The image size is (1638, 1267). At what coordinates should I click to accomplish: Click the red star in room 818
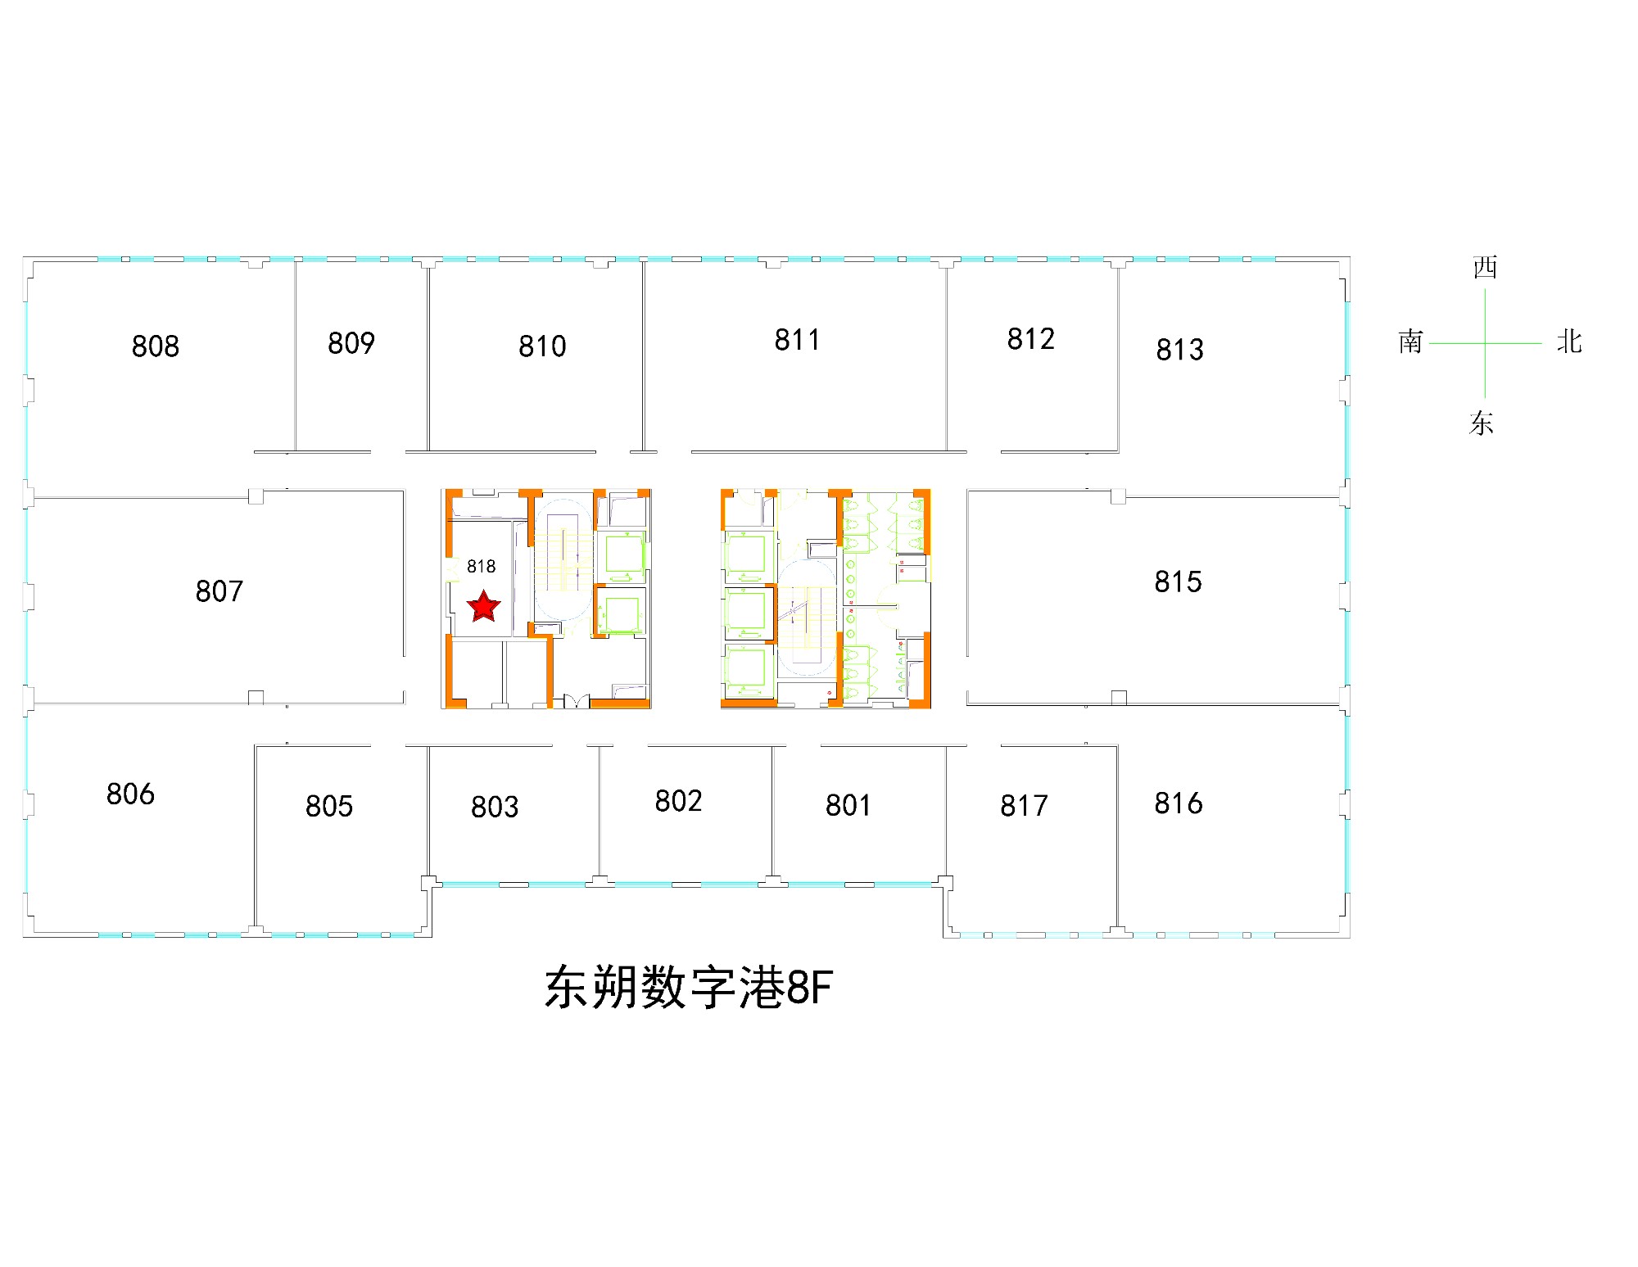click(483, 606)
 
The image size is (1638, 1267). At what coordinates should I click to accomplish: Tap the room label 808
click(156, 346)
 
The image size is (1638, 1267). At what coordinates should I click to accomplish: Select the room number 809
click(351, 343)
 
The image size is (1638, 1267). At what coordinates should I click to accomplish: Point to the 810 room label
click(542, 346)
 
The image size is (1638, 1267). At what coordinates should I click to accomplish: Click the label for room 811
click(797, 340)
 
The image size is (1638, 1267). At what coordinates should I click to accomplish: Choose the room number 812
click(1030, 339)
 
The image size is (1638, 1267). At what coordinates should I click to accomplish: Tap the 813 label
click(1179, 350)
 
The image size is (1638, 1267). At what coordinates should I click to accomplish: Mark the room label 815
click(1178, 582)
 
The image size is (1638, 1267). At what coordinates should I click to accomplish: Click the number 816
click(1178, 803)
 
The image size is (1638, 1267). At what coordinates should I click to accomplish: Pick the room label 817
click(1024, 806)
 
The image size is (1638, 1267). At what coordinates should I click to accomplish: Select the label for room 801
click(848, 805)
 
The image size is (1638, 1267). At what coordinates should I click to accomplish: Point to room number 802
click(678, 801)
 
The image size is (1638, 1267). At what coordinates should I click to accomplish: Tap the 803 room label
click(495, 807)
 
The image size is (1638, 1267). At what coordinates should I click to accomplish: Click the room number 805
click(329, 806)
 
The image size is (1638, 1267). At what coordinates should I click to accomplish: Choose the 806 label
click(130, 794)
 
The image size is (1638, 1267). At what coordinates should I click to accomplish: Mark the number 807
click(219, 591)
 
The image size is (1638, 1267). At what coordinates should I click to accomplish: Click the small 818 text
click(481, 567)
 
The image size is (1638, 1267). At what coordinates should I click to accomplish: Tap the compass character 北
click(1569, 342)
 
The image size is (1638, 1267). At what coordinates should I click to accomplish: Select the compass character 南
click(1410, 342)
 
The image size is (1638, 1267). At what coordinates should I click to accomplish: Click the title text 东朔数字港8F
click(688, 987)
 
